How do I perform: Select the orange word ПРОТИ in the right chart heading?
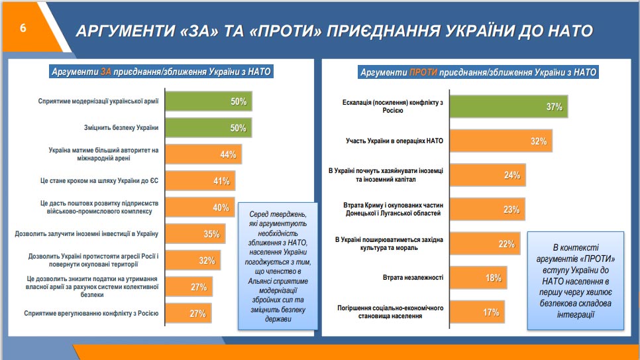click(x=423, y=72)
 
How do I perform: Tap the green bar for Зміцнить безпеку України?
click(x=209, y=128)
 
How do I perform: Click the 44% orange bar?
click(x=203, y=154)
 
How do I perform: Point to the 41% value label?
click(x=221, y=181)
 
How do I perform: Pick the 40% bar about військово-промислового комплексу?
click(x=199, y=207)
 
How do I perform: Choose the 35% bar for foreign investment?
click(x=195, y=233)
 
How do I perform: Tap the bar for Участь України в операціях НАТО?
click(x=501, y=141)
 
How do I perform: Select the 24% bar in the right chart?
click(x=488, y=176)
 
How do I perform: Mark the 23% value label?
click(x=511, y=210)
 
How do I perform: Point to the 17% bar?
click(x=476, y=312)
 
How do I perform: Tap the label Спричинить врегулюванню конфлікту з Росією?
click(x=91, y=313)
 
